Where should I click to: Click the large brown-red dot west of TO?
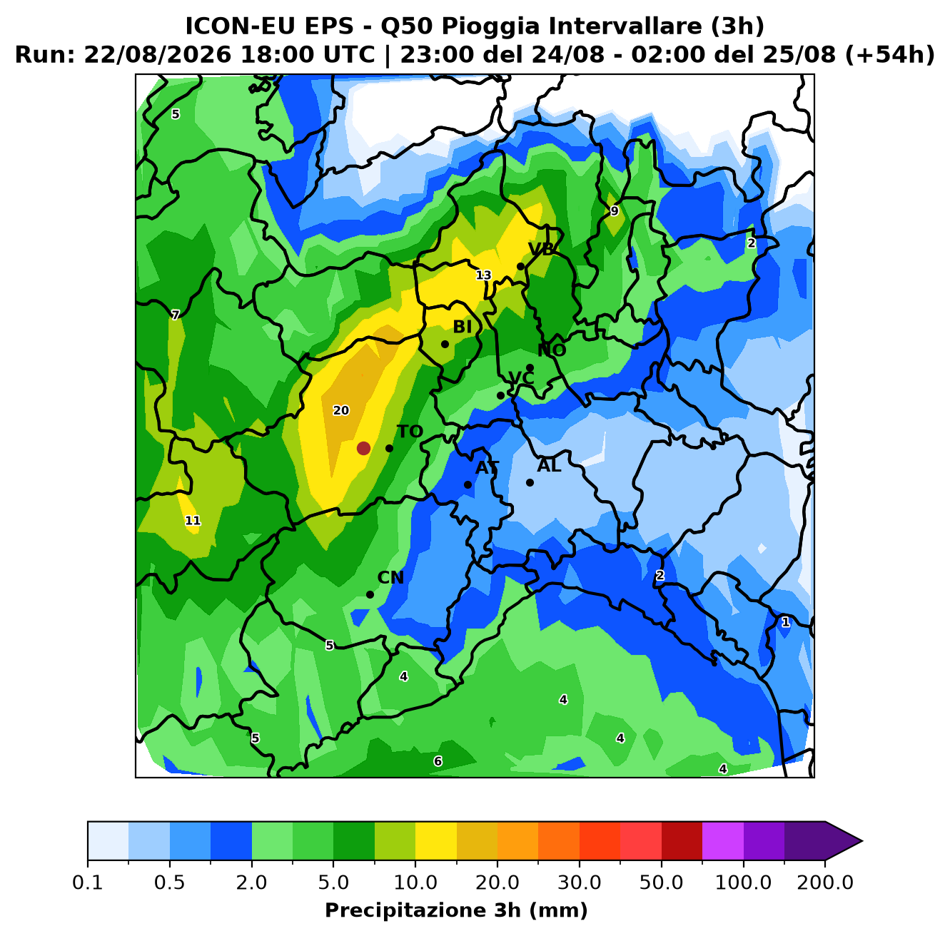coord(363,448)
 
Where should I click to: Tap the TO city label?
coord(410,432)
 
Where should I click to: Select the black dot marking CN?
coord(370,594)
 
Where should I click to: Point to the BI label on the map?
coord(462,327)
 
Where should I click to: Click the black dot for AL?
coord(530,482)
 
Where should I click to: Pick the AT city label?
coord(487,468)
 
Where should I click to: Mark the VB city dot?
coord(520,267)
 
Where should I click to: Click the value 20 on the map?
coord(340,411)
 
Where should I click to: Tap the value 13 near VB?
coord(483,275)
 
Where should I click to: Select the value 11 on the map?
coord(193,521)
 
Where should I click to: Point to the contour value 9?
coord(614,211)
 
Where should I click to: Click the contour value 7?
coord(175,315)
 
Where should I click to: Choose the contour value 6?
coord(438,761)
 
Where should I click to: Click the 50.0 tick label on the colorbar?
coord(661,882)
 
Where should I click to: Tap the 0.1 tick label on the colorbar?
coord(88,882)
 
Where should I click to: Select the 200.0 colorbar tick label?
coord(825,882)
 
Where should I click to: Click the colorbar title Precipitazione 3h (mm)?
coord(456,910)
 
